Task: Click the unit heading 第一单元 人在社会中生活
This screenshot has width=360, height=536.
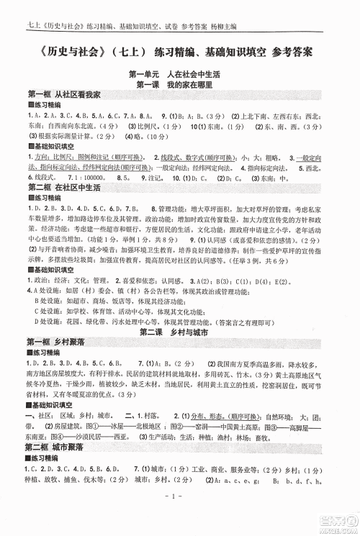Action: (179, 75)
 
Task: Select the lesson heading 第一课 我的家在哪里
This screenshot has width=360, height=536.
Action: (179, 84)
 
